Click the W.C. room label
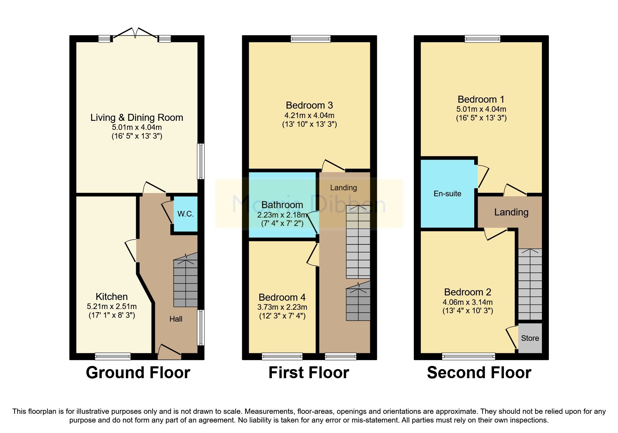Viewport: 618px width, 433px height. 185,214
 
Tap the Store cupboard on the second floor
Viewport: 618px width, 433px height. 530,338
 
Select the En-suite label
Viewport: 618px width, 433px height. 447,193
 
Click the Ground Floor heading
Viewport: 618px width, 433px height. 138,373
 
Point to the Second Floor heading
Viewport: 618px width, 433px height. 479,373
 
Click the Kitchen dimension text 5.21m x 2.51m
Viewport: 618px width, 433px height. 112,307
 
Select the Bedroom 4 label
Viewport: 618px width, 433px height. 282,297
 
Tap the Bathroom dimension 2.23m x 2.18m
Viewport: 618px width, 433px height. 282,214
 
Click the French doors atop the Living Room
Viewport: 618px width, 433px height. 136,34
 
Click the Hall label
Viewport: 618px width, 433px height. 176,319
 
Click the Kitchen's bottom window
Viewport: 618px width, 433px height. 113,357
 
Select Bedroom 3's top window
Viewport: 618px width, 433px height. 311,39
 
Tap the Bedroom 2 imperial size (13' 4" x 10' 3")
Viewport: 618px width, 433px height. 468,311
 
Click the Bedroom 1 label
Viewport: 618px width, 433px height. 481,100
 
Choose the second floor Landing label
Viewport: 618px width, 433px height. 511,212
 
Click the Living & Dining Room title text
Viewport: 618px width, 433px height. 137,117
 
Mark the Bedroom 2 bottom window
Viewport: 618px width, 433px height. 468,357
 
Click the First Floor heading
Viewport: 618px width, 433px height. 308,373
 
